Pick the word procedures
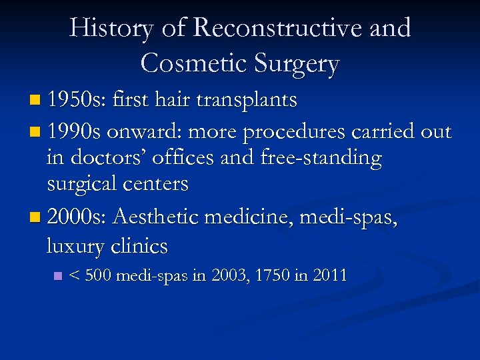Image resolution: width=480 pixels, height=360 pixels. [x=294, y=133]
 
